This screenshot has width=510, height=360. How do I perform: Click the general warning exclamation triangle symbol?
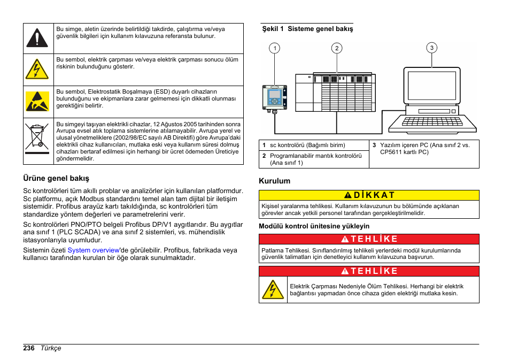pos(37,38)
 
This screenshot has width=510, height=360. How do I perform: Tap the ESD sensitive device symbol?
pos(37,102)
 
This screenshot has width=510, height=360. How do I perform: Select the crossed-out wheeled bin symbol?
pos(37,137)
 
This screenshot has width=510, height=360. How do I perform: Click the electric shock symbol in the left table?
pos(37,70)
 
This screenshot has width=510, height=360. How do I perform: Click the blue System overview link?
pos(93,250)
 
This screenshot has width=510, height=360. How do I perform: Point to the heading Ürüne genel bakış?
pos(56,178)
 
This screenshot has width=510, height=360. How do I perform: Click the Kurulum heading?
pos(274,181)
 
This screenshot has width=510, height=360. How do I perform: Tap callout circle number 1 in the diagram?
pos(275,49)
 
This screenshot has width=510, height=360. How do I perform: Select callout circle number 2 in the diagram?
pos(337,49)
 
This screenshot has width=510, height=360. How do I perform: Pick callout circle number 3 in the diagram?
pos(432,48)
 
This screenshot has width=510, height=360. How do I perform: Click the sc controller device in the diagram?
pos(275,99)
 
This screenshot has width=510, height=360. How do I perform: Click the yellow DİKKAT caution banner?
pos(369,195)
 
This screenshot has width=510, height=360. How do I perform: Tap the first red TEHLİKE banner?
pos(369,239)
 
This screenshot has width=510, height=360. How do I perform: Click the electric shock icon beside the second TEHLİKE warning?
pos(273,289)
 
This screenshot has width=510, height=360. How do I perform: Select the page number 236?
pos(29,348)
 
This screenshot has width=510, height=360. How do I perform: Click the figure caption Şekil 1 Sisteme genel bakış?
pos(307,29)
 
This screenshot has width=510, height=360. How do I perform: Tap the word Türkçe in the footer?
pos(51,348)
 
